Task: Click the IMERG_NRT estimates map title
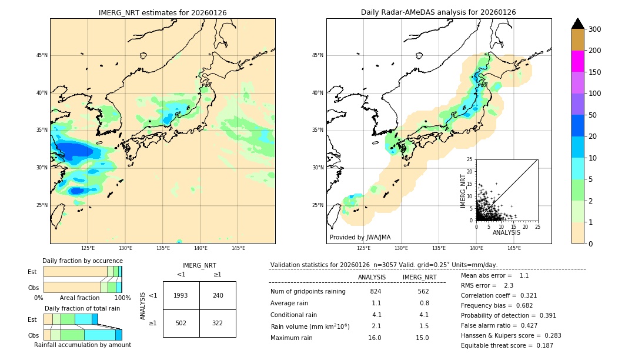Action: point(162,12)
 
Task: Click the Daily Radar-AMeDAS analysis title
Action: point(438,12)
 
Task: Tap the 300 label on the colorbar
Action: point(594,29)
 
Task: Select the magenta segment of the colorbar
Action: point(578,61)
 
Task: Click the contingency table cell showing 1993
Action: point(181,295)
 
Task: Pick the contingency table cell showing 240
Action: point(218,295)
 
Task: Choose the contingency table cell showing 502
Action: point(181,323)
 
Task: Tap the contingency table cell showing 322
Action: point(218,323)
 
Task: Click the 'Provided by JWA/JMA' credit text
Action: point(360,238)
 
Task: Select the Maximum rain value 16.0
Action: point(375,338)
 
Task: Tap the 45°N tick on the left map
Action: point(42,55)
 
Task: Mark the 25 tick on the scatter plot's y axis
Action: point(470,159)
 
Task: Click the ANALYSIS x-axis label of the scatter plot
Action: point(506,233)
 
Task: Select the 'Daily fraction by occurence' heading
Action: point(82,261)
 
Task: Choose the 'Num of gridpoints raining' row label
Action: point(308,291)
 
